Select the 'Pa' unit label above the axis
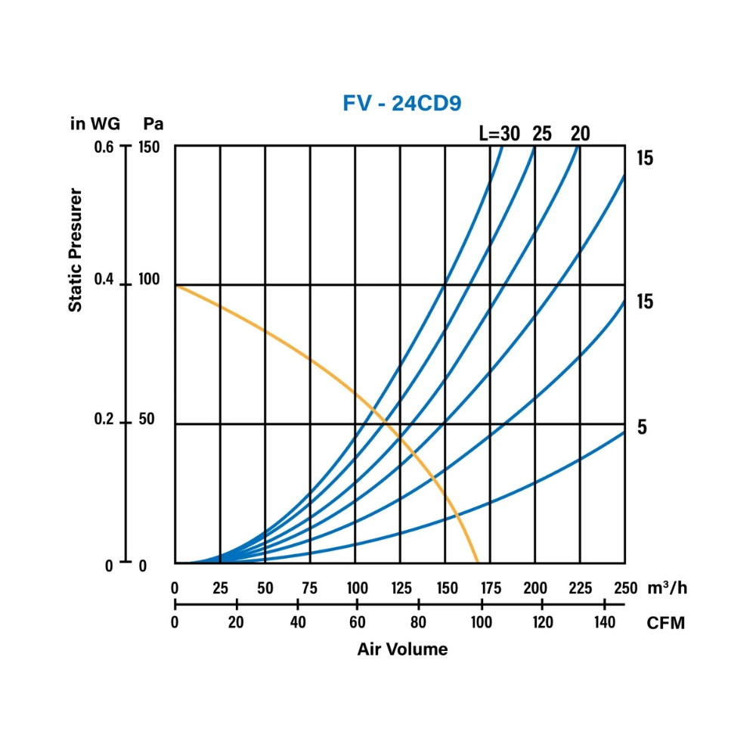point(153,124)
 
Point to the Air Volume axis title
point(402,649)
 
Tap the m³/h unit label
point(666,588)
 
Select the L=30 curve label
point(500,134)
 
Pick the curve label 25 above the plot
point(541,134)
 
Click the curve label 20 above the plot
point(580,134)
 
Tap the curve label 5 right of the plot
point(642,428)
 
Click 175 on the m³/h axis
point(491,588)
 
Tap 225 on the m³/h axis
point(580,588)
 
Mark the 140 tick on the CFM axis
point(604,623)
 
